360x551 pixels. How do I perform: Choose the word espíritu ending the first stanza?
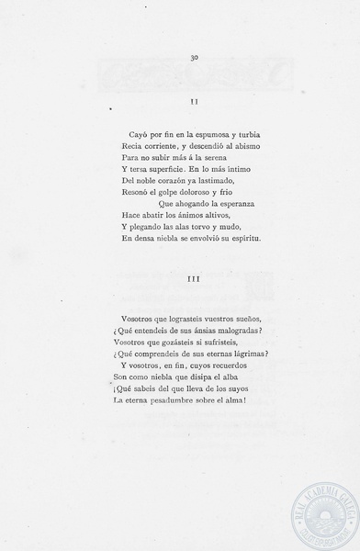tap(243, 239)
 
